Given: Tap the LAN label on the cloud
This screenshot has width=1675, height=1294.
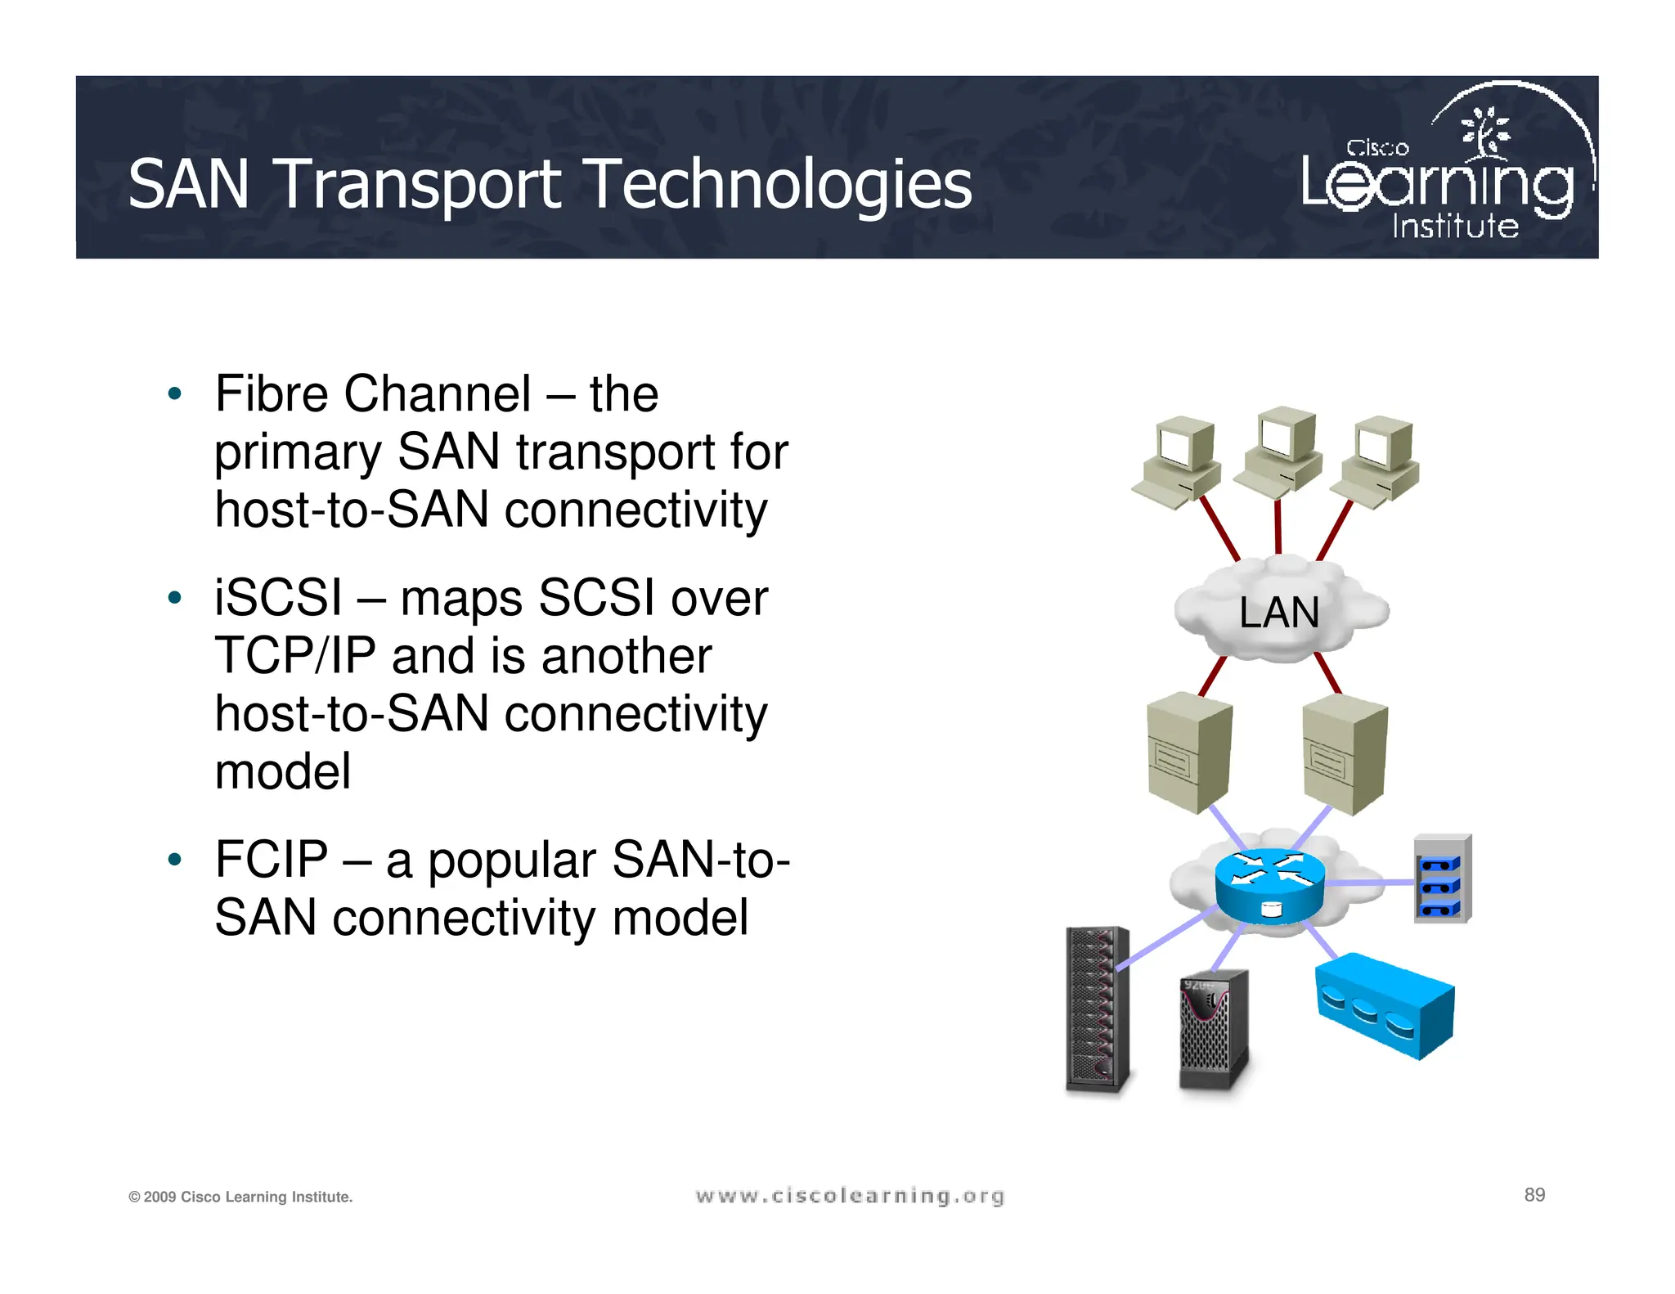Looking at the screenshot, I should point(1278,613).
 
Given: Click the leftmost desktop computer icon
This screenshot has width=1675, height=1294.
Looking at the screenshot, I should point(1177,461).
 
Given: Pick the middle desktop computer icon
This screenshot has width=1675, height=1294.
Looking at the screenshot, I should point(1278,450).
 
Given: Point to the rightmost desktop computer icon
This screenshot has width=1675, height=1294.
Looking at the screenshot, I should point(1376,461).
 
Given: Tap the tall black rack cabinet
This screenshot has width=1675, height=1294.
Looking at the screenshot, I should point(1098,1009).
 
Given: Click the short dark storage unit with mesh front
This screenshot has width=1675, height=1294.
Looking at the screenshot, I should point(1214,1031).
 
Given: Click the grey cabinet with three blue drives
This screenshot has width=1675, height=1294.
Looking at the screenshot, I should point(1442,880).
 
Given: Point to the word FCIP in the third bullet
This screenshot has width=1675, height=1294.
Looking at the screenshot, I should point(272,860).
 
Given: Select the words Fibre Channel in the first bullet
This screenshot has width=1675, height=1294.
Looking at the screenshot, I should point(372,394).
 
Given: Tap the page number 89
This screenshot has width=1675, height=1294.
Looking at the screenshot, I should point(1534,1195).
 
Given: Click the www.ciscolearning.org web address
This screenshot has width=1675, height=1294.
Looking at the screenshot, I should point(849,1197).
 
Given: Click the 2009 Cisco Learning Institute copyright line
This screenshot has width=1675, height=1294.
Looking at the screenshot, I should point(240,1197).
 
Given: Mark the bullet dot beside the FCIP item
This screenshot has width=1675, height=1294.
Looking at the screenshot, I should point(174,860).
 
